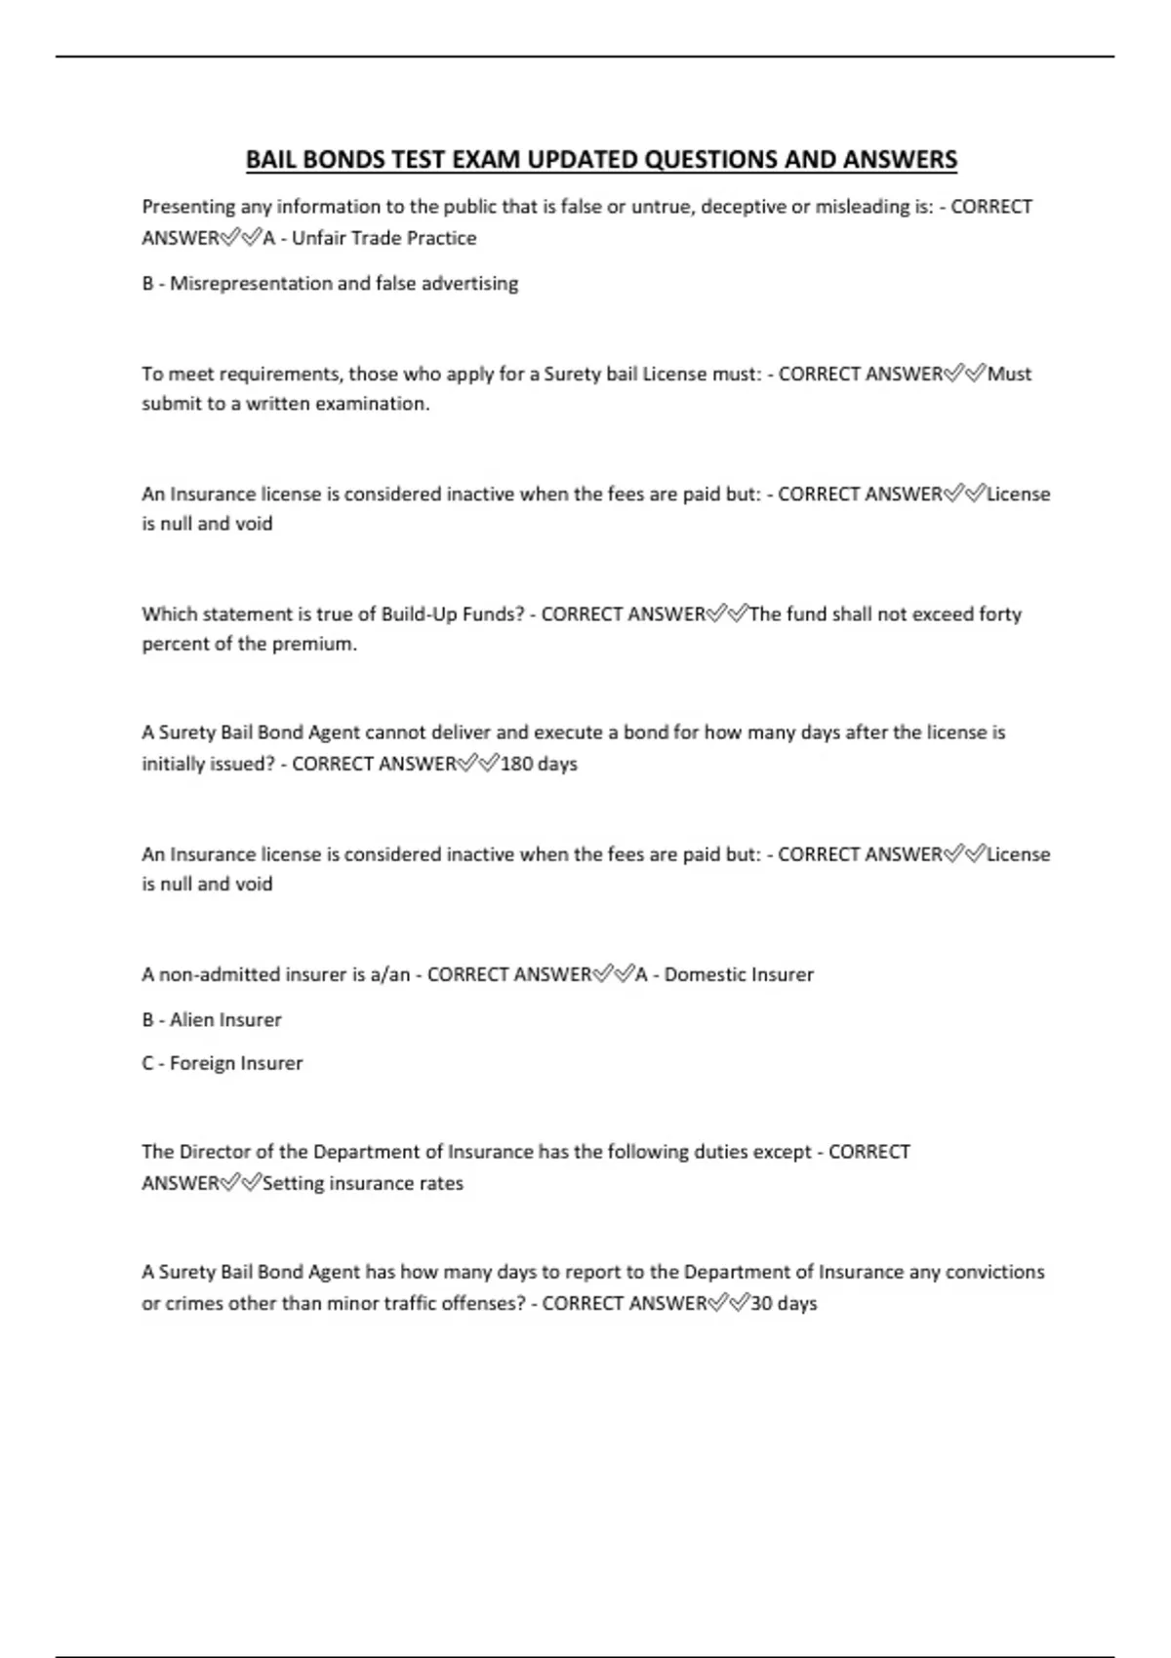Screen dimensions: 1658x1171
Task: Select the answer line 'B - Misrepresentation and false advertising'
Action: pos(330,284)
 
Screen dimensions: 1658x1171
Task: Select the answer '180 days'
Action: pos(539,764)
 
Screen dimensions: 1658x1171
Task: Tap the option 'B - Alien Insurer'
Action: pos(211,1020)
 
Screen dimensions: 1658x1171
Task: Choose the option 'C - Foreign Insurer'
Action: pos(222,1063)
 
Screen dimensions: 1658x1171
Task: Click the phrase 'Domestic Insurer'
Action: pos(739,974)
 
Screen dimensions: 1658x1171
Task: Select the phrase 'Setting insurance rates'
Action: pos(363,1183)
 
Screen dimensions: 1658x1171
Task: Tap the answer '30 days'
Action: pos(784,1303)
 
